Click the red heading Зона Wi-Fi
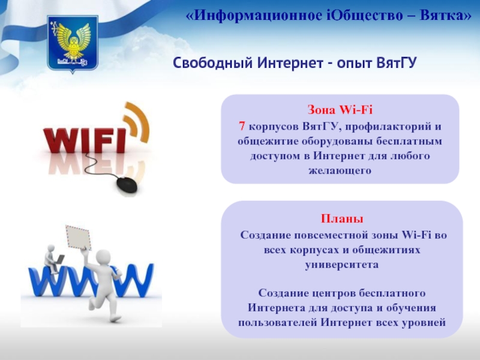(340, 110)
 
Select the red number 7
(242, 126)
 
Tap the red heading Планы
(342, 218)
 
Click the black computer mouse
(127, 185)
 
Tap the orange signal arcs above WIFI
(137, 122)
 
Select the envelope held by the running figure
(78, 237)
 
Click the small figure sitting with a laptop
(53, 259)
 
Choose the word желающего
(340, 170)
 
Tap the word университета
(341, 265)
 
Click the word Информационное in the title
(258, 15)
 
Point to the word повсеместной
(331, 235)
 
